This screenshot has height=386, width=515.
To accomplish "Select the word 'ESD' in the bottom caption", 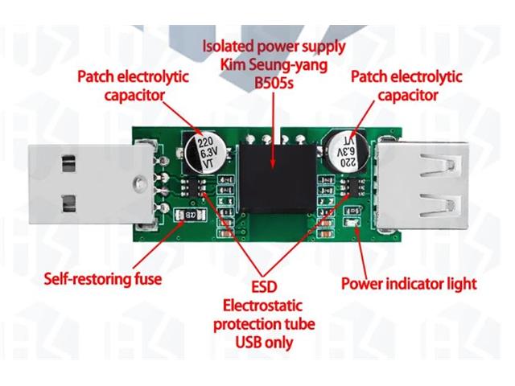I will (262, 288).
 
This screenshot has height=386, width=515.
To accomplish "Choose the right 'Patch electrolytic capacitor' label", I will (406, 86).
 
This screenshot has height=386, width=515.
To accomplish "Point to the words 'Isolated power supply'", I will (274, 47).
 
